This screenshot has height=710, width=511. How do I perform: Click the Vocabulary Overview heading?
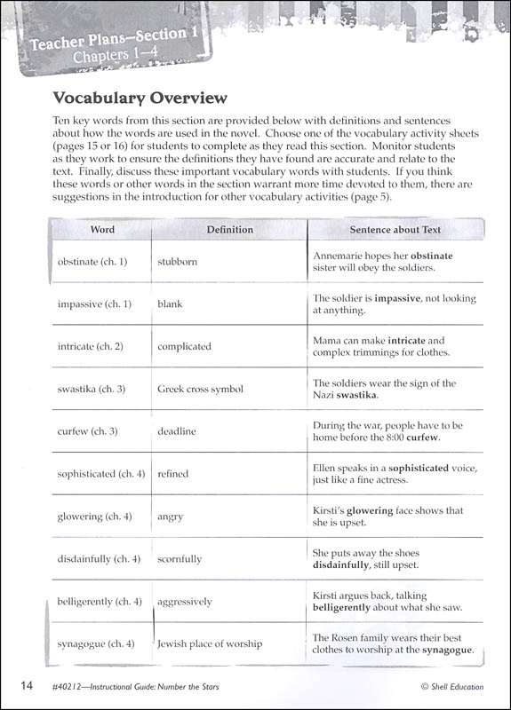(140, 98)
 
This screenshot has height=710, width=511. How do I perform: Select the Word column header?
(102, 229)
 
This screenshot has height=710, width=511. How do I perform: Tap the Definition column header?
(230, 229)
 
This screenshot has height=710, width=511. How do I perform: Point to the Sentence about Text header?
(395, 229)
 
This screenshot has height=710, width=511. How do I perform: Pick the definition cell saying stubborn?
(178, 262)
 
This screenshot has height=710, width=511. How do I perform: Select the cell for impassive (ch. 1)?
(94, 304)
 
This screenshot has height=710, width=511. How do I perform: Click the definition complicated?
(184, 346)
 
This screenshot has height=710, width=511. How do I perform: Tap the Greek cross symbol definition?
(200, 389)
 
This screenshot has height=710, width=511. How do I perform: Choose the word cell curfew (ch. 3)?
(88, 431)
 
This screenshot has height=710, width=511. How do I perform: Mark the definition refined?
(173, 474)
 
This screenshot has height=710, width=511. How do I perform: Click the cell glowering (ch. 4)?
(95, 517)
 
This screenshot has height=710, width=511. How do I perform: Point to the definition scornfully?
(180, 559)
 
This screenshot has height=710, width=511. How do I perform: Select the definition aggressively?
(185, 602)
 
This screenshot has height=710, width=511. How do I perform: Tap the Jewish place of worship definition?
(210, 643)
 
